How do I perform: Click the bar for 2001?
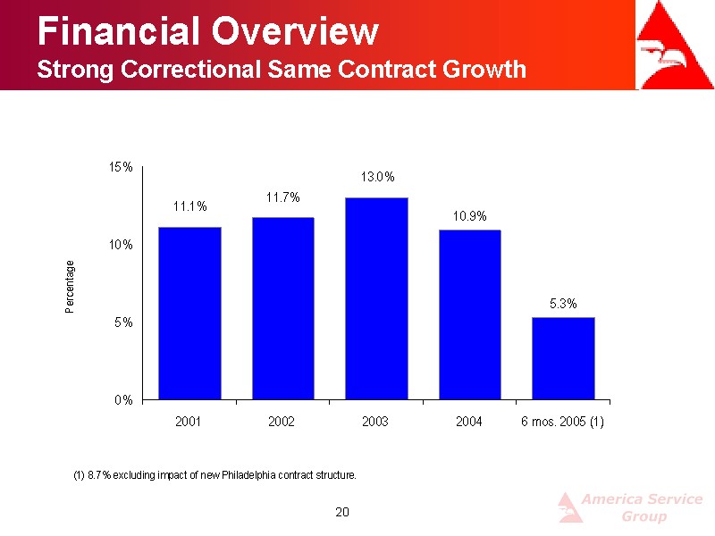(x=189, y=313)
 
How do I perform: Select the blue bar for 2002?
(x=282, y=307)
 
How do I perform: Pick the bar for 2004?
(x=469, y=314)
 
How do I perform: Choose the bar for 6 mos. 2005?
(x=563, y=357)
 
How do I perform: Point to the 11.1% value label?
(x=189, y=206)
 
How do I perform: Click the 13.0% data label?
(x=377, y=178)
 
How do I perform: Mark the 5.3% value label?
(x=563, y=304)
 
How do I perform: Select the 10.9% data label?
(x=469, y=216)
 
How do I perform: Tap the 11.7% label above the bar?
(x=282, y=197)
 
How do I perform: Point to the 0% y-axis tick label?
(x=124, y=400)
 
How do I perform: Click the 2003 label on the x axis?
(x=375, y=422)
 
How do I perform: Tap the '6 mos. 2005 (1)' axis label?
(x=563, y=422)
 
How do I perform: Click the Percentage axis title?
(x=70, y=286)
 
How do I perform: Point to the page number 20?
(x=341, y=511)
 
